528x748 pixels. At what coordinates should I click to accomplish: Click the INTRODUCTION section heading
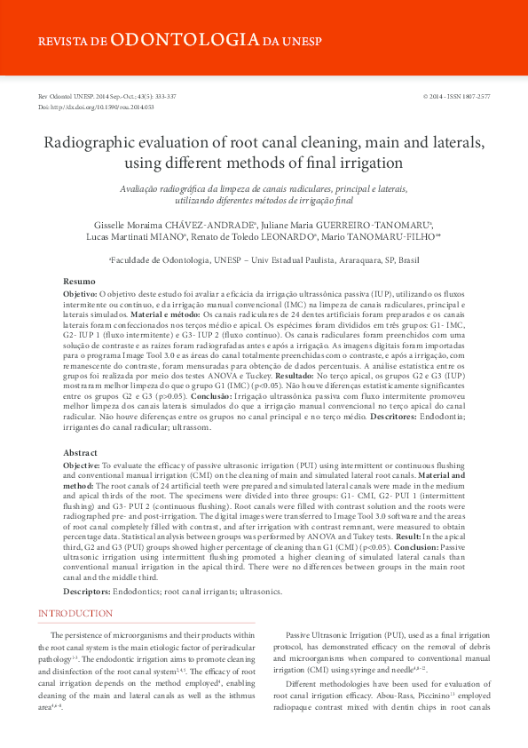[75, 613]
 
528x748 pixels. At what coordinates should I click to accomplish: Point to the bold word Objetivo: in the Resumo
[81, 292]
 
